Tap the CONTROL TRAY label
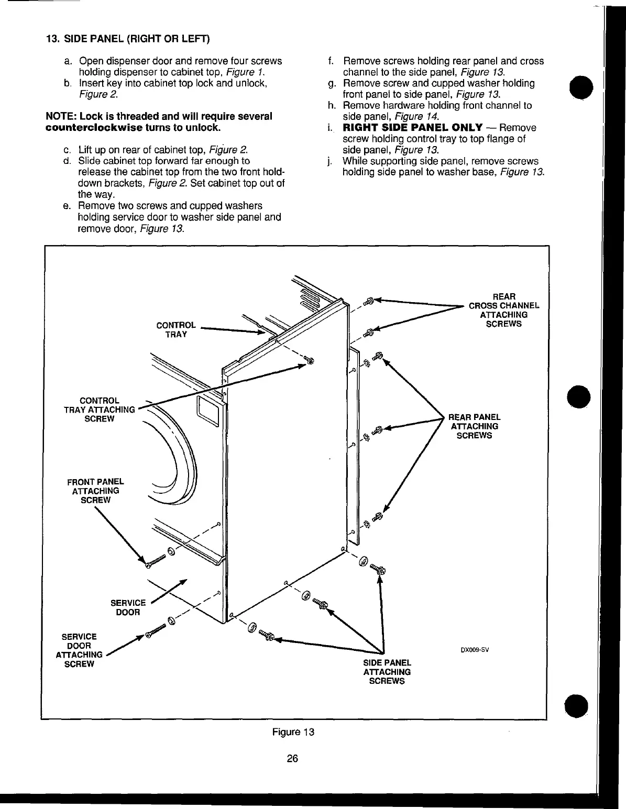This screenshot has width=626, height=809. [x=176, y=330]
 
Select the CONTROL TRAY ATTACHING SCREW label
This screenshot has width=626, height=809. [x=99, y=410]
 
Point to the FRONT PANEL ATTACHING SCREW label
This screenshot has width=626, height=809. [x=95, y=491]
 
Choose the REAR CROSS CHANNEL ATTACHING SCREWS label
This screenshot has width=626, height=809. [x=503, y=310]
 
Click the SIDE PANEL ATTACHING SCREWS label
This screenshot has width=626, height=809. [x=387, y=672]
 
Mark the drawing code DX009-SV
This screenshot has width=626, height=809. [x=475, y=651]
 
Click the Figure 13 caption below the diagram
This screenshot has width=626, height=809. [x=293, y=732]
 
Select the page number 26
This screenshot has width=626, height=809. [x=292, y=758]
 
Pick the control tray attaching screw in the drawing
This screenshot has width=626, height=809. [x=309, y=360]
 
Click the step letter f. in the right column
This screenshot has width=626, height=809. [x=331, y=61]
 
